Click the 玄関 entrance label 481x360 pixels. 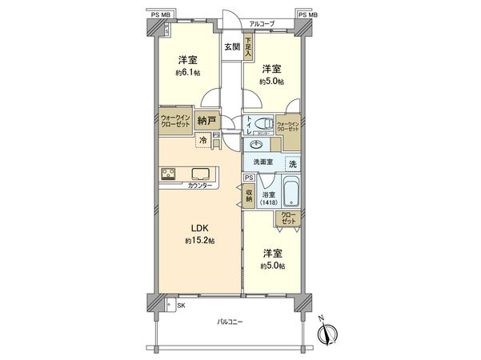pyautogui.click(x=232, y=47)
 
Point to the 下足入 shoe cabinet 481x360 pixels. pyautogui.click(x=250, y=47)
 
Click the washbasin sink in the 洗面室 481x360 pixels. pyautogui.click(x=257, y=145)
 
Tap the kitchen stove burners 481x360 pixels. pyautogui.click(x=170, y=174)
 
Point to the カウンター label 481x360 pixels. pyautogui.click(x=200, y=186)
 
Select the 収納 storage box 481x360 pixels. pyautogui.click(x=250, y=196)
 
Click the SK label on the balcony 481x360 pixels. pyautogui.click(x=180, y=305)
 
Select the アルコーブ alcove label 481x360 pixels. pyautogui.click(x=261, y=24)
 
